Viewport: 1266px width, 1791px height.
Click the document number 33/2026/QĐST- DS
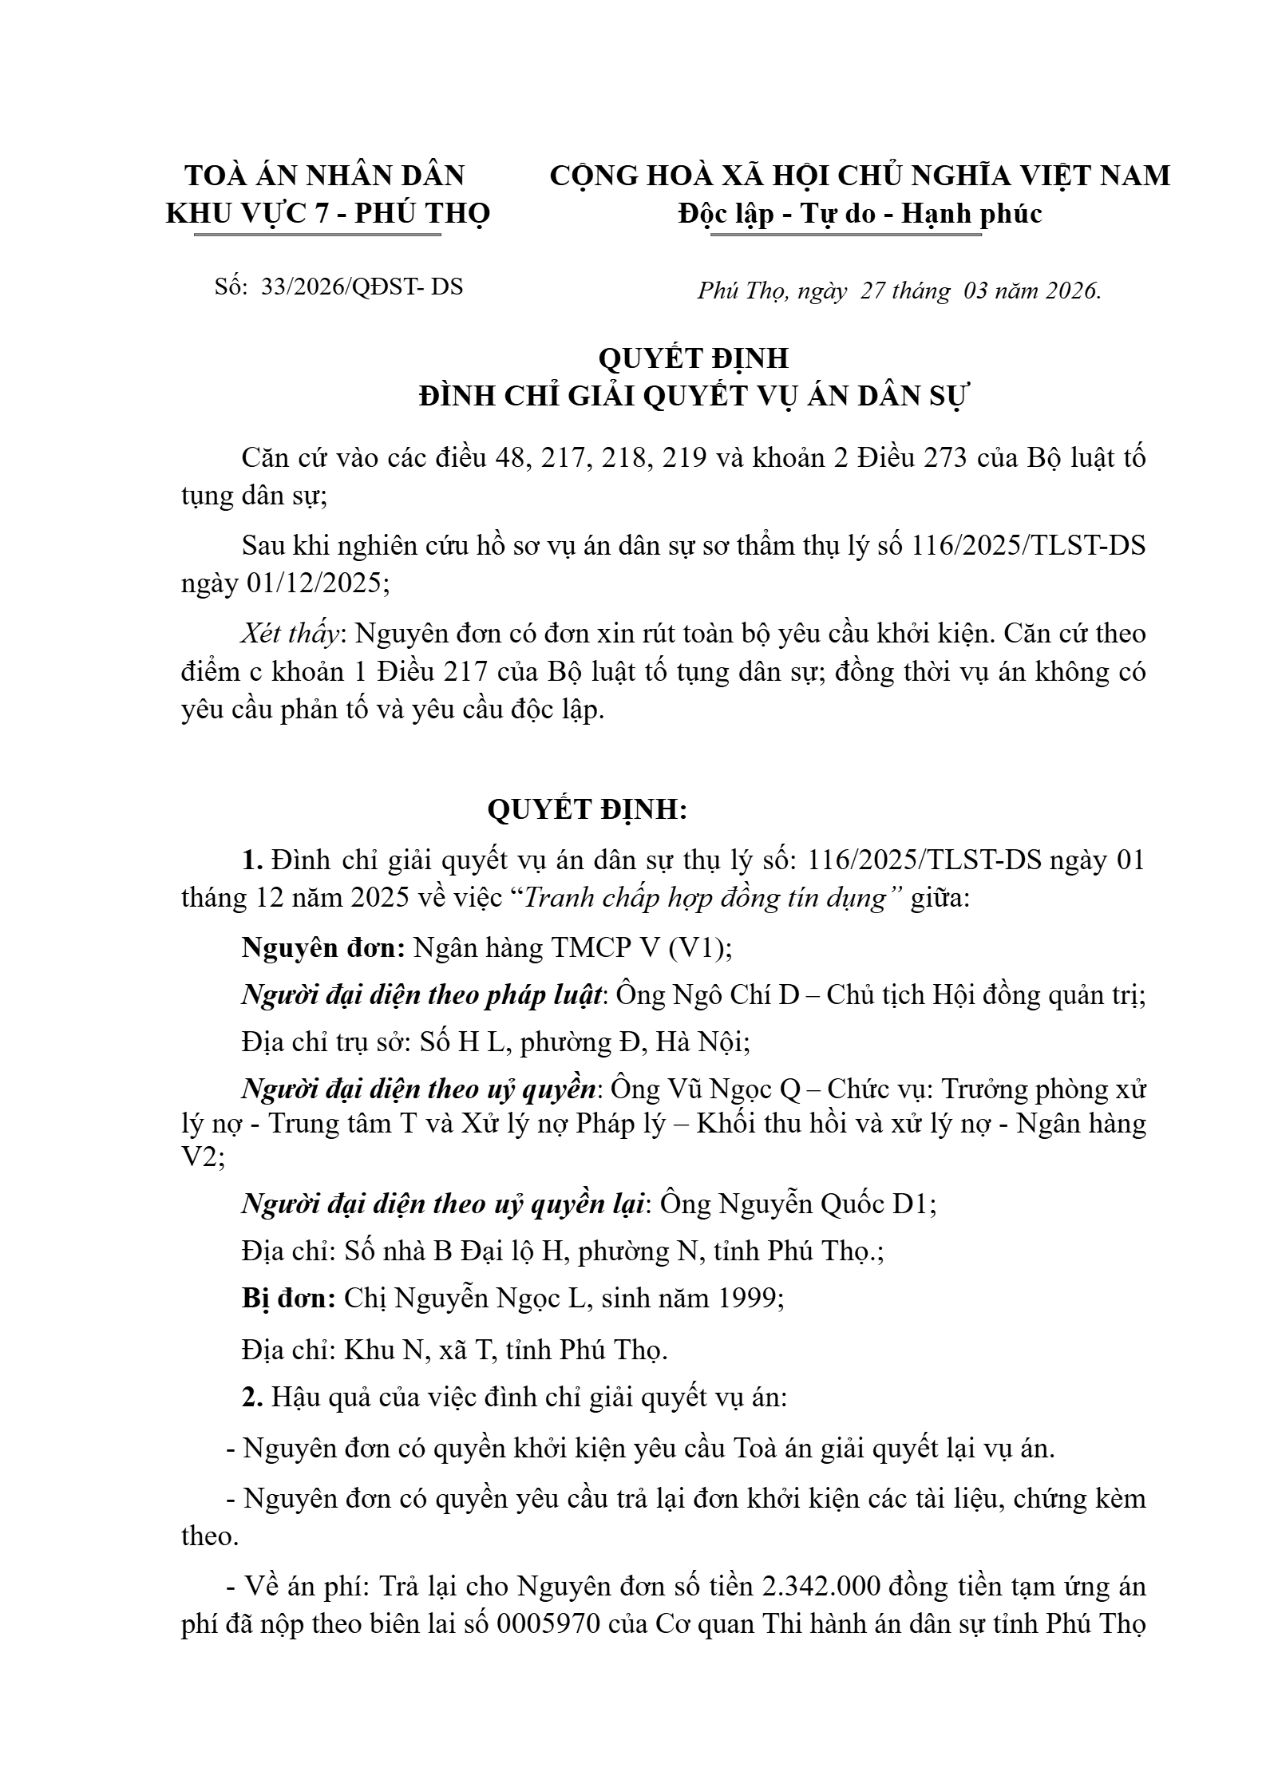pyautogui.click(x=362, y=287)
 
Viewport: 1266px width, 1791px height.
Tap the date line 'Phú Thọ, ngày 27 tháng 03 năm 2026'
pyautogui.click(x=899, y=291)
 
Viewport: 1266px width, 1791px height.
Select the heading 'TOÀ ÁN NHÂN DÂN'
pyautogui.click(x=325, y=176)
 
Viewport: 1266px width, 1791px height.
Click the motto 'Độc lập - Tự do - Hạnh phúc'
pyautogui.click(x=860, y=213)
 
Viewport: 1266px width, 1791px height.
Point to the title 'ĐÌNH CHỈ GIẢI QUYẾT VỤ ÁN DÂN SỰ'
pyautogui.click(x=693, y=396)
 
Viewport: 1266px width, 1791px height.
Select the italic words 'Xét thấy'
pyautogui.click(x=291, y=633)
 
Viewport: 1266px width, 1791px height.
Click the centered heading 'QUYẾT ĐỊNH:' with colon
pyautogui.click(x=588, y=809)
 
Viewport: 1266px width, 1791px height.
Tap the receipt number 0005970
pyautogui.click(x=548, y=1624)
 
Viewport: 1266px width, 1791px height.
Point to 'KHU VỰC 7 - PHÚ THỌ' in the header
pyautogui.click(x=328, y=213)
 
